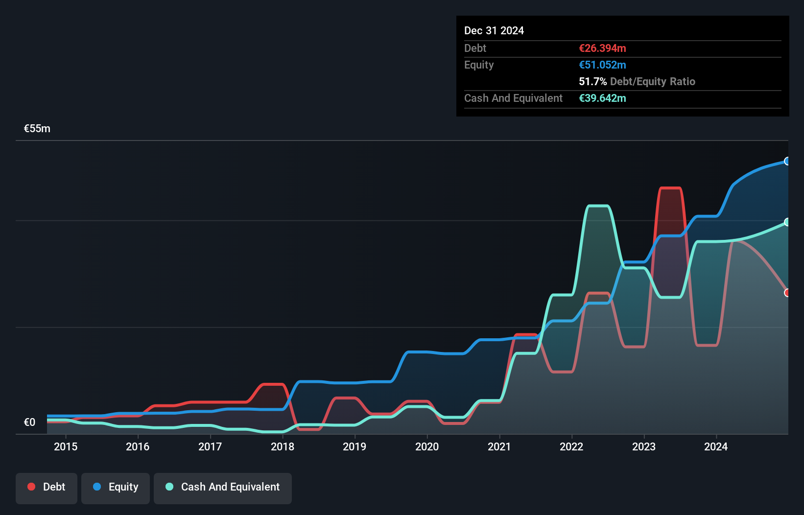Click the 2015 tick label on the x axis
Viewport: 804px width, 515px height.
[66, 446]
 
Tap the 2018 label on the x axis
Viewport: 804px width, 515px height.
[283, 446]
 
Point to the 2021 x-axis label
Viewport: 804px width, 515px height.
[499, 446]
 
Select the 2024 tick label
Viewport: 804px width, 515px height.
[716, 446]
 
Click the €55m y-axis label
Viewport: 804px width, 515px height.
[37, 129]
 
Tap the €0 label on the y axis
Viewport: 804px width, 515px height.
[29, 422]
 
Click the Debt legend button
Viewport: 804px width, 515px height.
[47, 487]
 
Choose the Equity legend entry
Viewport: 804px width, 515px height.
[116, 487]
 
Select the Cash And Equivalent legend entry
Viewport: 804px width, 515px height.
[223, 487]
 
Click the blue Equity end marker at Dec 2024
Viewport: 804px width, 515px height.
[787, 161]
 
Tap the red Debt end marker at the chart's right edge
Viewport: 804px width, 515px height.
[787, 293]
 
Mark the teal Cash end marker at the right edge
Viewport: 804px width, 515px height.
[787, 222]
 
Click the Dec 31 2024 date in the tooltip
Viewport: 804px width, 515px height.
[494, 31]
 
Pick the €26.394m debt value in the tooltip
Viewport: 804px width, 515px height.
[602, 48]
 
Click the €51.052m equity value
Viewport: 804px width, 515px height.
[602, 65]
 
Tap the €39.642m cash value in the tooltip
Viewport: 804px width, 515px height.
[602, 98]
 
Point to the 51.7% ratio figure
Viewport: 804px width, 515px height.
[592, 82]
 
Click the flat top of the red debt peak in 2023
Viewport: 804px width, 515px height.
[670, 188]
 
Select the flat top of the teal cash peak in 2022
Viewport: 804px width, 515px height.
[598, 206]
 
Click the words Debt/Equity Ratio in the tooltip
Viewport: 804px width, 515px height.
[653, 82]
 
